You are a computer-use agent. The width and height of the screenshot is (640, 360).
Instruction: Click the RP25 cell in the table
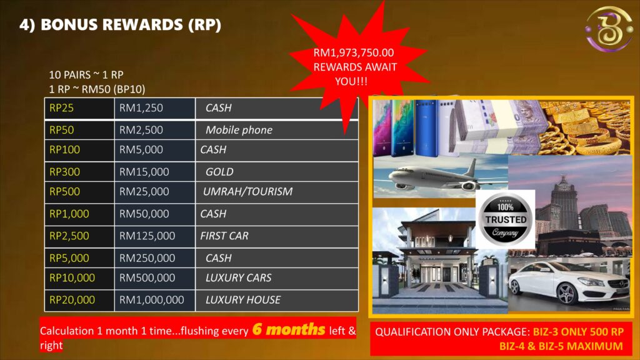pos(79,108)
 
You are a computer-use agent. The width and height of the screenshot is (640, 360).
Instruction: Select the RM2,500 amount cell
pos(155,130)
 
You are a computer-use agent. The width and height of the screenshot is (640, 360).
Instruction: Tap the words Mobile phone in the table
pos(239,130)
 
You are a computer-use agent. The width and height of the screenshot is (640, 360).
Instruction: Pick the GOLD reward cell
pos(277,172)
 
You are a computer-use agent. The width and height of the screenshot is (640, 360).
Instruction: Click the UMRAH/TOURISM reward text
pos(247,191)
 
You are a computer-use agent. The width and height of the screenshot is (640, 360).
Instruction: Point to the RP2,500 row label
pos(69,236)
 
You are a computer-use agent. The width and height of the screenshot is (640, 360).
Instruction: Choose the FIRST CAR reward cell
pos(277,236)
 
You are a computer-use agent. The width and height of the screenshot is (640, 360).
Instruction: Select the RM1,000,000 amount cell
pos(155,300)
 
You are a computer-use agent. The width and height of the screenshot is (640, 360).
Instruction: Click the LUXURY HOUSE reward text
pos(243,300)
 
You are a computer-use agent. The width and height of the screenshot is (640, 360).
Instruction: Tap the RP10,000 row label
pos(72,278)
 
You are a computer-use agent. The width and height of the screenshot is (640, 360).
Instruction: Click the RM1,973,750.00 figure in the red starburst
pos(354,52)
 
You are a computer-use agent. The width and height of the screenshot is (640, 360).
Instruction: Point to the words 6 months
pos(289,329)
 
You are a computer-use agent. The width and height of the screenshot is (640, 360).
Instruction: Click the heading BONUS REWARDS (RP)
pos(131,24)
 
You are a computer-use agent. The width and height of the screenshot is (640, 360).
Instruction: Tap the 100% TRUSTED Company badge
pos(505,219)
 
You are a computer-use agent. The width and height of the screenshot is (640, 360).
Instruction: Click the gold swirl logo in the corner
pos(608,29)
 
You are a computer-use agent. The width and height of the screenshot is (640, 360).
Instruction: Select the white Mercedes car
pos(569,284)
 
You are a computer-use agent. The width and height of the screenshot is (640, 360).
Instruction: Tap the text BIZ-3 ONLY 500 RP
pos(578,332)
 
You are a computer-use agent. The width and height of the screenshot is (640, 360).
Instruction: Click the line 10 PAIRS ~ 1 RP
pos(86,75)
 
